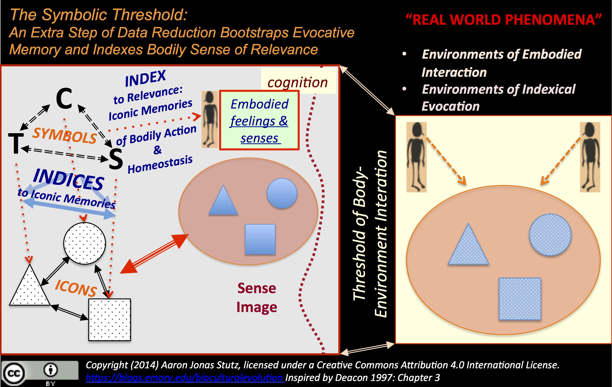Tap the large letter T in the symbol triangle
(x=16, y=143)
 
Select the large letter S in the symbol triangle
(x=116, y=159)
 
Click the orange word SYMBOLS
(x=65, y=136)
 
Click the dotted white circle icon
(x=84, y=243)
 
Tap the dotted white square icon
(x=110, y=320)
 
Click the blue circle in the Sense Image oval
(x=282, y=193)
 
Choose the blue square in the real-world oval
(x=520, y=298)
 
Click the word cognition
(x=298, y=82)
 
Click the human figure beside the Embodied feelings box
(x=209, y=119)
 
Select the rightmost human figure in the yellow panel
(x=590, y=157)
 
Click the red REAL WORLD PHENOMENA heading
(x=503, y=20)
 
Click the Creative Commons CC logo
(x=14, y=373)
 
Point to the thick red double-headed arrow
(x=155, y=254)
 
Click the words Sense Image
(x=257, y=298)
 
